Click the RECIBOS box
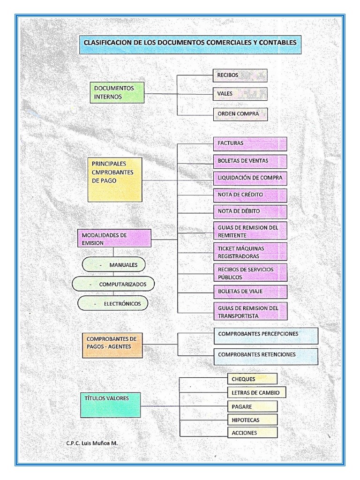point(240,75)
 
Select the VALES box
point(240,94)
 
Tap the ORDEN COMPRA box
point(240,114)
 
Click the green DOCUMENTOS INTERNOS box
point(116,92)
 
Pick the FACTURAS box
point(250,143)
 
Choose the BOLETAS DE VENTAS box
point(250,161)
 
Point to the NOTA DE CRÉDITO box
point(250,194)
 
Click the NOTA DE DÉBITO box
point(250,211)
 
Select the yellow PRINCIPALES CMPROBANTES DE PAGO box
point(115,180)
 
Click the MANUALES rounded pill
point(113,265)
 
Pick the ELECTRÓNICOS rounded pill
point(112,304)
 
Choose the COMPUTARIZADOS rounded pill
point(113,284)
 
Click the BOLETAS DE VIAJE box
point(250,291)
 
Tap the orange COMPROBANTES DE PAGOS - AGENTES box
point(112,345)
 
